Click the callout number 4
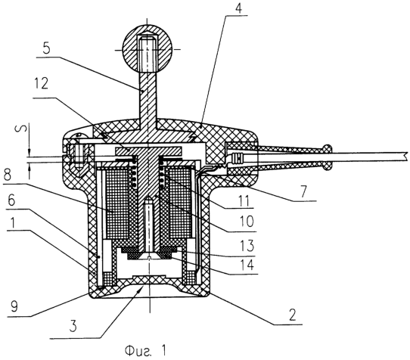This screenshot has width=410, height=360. pos(238,8)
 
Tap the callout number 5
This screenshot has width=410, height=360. pos(46,48)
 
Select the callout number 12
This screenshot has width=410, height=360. pos(41,84)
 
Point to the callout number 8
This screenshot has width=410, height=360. pos(7,175)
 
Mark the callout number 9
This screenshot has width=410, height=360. pos(14,306)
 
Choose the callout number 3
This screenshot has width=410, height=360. pos(73,326)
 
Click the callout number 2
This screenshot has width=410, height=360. pos(292,315)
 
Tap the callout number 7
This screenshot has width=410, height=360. pos(303,191)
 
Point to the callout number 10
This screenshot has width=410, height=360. pos(247,221)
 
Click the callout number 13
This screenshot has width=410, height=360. pos(246,245)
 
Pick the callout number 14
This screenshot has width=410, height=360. pos(246,265)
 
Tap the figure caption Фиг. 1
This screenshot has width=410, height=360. pos(145,351)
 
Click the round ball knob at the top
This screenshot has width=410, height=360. pos(148,49)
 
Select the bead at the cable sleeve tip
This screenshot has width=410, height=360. pos(328,157)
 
